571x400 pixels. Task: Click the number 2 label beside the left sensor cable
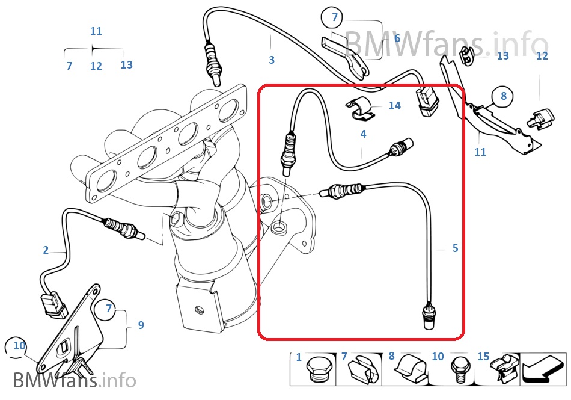[x=46, y=250]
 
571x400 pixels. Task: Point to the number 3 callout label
[x=272, y=60]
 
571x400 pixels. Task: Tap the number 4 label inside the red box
[x=363, y=134]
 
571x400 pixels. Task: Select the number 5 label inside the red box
[x=455, y=248]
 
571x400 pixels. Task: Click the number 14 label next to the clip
[x=394, y=106]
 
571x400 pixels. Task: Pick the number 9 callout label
[x=141, y=325]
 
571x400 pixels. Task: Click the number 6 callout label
[x=397, y=38]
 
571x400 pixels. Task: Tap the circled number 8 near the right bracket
[x=503, y=96]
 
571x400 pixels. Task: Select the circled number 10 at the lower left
[x=19, y=346]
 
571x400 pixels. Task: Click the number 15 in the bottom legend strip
[x=484, y=357]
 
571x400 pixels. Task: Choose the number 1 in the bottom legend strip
[x=299, y=357]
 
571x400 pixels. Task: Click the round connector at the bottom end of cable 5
[x=427, y=316]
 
